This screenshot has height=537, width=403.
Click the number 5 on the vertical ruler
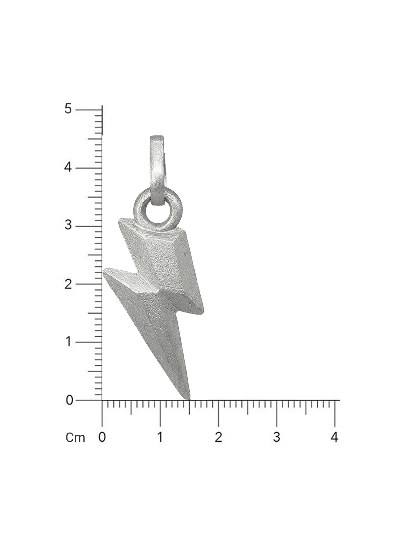point(68,109)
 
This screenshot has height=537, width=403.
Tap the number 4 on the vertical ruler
point(68,167)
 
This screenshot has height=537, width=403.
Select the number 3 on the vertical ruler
point(68,225)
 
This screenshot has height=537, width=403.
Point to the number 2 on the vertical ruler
point(68,284)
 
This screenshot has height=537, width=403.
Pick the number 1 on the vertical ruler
point(69,342)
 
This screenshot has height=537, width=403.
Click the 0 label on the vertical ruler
point(69,400)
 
